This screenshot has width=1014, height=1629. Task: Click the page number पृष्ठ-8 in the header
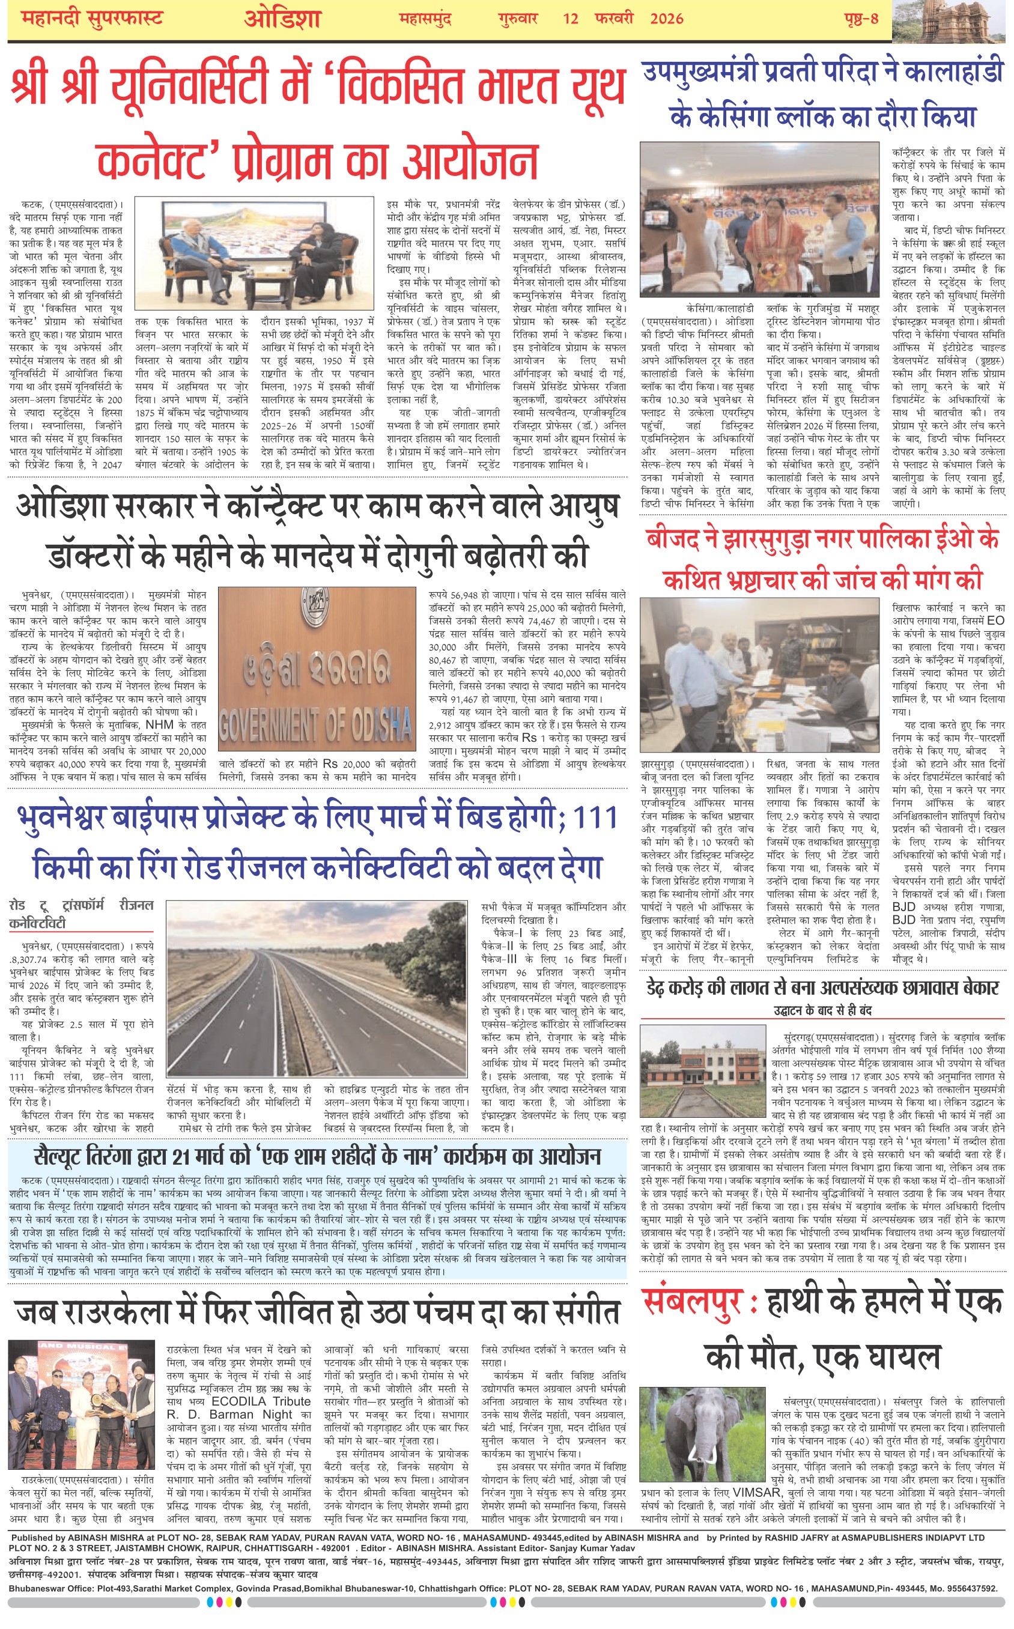861,18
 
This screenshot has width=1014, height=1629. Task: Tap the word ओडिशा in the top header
282,18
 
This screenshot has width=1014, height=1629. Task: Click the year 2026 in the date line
666,18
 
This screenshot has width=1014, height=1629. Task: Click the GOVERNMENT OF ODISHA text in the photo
315,724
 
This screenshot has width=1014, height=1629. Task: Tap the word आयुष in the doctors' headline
582,507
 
